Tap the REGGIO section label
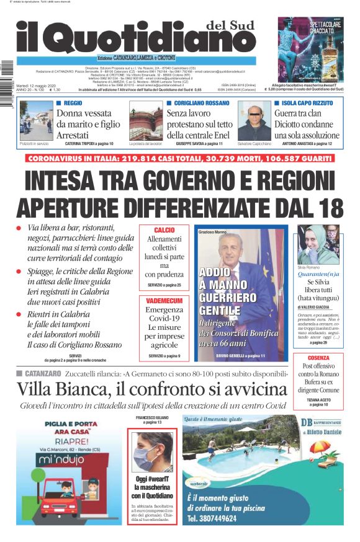point(73,102)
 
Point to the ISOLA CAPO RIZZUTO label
point(308,102)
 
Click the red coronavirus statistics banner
point(180,159)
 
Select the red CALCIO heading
point(164,230)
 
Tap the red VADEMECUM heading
point(164,300)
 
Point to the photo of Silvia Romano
point(318,244)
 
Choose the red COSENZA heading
point(318,358)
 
